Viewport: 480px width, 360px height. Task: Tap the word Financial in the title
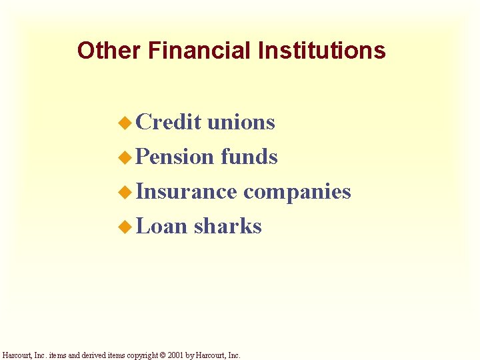point(199,51)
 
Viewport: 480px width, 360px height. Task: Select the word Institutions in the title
point(321,51)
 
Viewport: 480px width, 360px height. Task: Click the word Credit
point(169,122)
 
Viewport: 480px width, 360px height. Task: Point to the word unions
point(241,122)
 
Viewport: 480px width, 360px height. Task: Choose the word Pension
point(175,157)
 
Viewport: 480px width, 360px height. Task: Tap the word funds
point(249,157)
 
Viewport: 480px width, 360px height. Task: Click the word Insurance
point(186,191)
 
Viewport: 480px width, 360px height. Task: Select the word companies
point(297,192)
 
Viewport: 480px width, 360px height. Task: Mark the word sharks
point(228,226)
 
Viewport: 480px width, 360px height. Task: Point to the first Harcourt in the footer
point(17,355)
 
